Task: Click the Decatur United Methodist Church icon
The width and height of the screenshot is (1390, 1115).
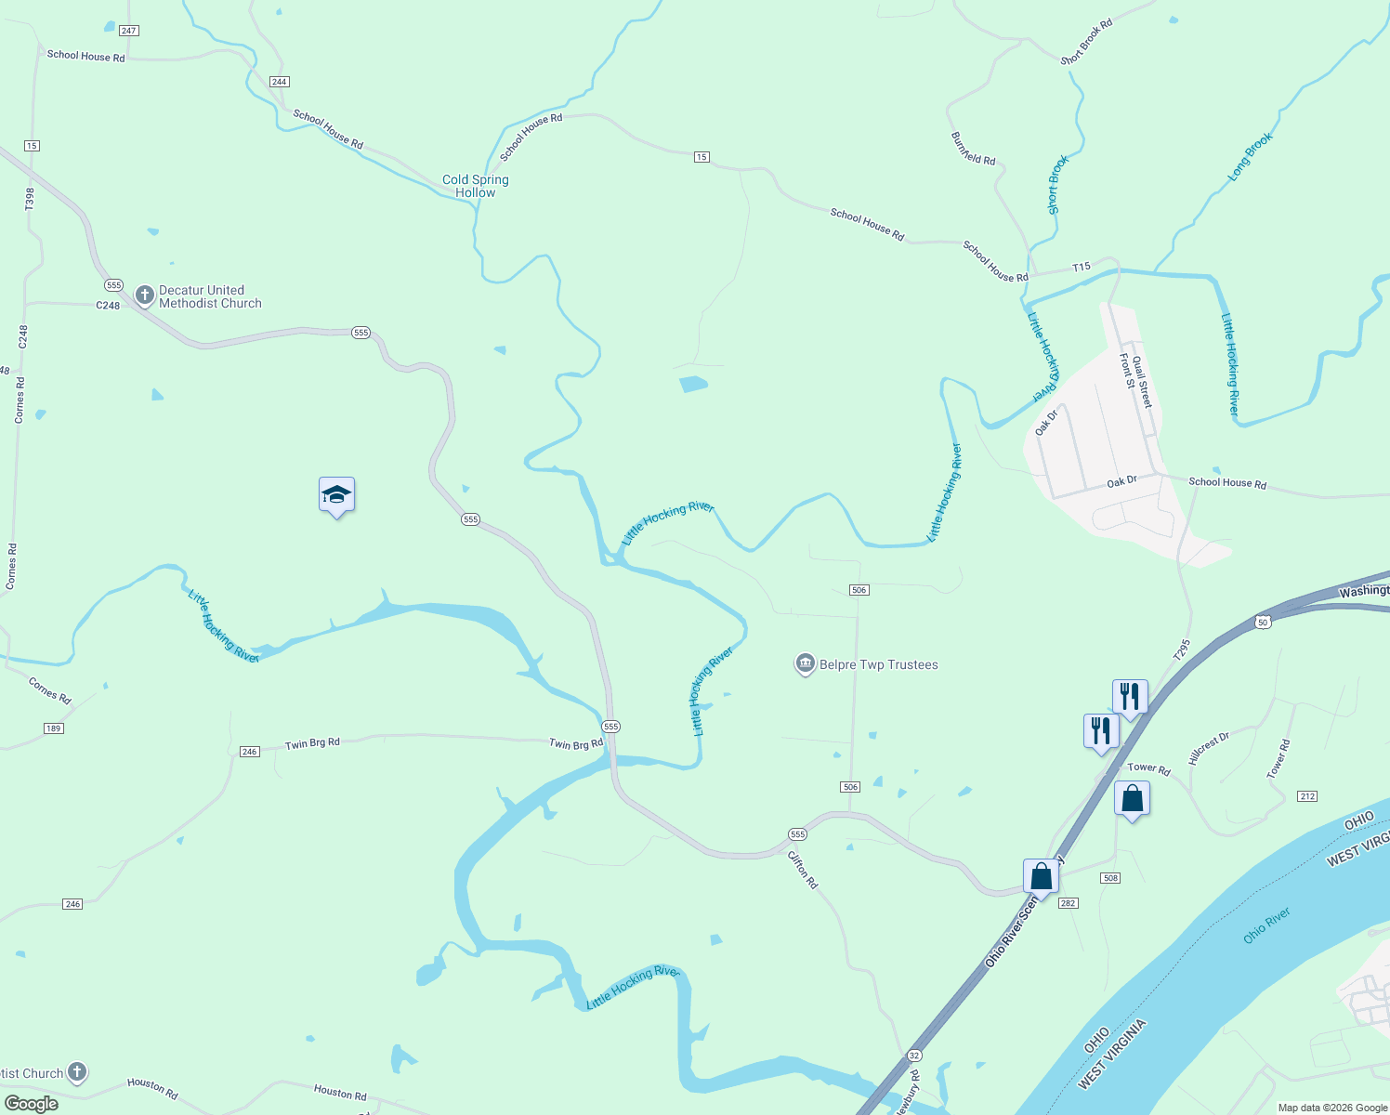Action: [x=144, y=296]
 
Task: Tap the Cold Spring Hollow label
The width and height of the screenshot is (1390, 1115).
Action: [x=475, y=186]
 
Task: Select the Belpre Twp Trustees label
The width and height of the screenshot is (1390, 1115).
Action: [x=878, y=664]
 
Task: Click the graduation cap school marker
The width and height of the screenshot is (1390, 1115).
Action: [x=336, y=495]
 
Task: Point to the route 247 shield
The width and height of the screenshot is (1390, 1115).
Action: [x=128, y=31]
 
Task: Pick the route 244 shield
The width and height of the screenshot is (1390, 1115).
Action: [x=279, y=82]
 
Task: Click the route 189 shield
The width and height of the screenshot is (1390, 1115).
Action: [x=53, y=728]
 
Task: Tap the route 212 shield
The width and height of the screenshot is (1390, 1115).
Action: [x=1306, y=796]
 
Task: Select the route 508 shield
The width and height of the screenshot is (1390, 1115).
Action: [x=1109, y=878]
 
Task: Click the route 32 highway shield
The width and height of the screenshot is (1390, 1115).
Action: [x=914, y=1056]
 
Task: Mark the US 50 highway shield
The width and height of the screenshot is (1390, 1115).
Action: [x=1261, y=621]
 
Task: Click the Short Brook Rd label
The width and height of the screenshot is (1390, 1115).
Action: [x=1087, y=42]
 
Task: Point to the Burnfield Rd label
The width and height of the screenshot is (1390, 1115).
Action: [x=973, y=149]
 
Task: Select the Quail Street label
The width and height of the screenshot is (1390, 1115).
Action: [x=1142, y=382]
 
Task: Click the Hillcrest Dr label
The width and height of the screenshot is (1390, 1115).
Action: [x=1209, y=748]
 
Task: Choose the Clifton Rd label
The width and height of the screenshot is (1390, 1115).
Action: [x=803, y=870]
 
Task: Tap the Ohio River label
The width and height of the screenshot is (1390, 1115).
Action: [x=1266, y=926]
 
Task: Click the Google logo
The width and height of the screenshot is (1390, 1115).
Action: [x=32, y=1104]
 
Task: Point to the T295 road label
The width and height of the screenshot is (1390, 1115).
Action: [x=1181, y=649]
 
